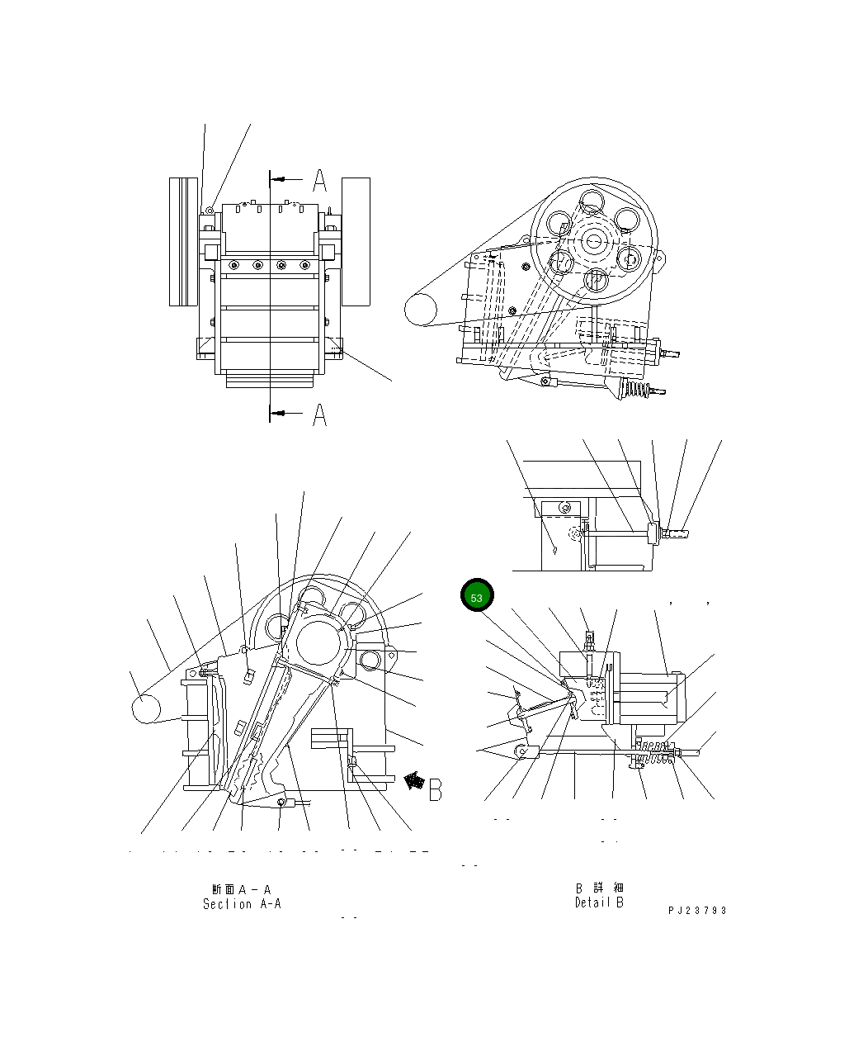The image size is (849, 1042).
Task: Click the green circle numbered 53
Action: (x=477, y=597)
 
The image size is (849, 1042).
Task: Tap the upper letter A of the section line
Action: (x=319, y=179)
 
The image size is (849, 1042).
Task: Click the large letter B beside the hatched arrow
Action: (x=435, y=789)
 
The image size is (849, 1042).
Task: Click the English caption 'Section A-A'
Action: (x=242, y=904)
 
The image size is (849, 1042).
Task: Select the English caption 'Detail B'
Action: (x=599, y=902)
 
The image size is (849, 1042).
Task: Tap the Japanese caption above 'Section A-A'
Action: (x=242, y=889)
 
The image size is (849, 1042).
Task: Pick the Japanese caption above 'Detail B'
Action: (x=599, y=888)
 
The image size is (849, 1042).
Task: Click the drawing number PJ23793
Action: (x=697, y=911)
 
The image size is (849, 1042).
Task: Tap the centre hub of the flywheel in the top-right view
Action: (x=594, y=240)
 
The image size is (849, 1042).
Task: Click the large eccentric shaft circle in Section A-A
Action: (x=319, y=642)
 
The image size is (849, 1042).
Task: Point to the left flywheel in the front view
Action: (x=184, y=241)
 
